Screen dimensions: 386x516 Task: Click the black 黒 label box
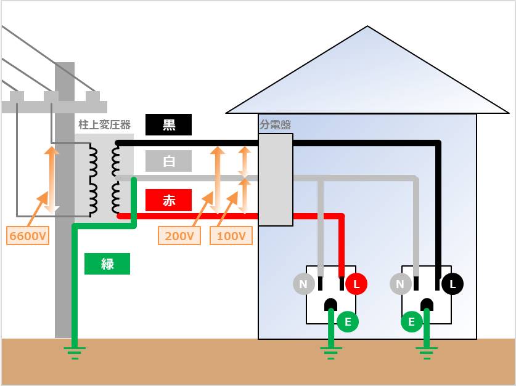168,125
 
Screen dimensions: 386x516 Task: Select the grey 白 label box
168,161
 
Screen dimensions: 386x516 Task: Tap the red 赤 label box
168,200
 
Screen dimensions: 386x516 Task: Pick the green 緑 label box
107,264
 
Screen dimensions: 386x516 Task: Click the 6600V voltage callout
28,236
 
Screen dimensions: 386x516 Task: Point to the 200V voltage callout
179,236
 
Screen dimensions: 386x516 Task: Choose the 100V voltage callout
231,236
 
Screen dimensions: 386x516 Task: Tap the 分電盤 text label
275,124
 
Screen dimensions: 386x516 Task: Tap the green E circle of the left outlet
348,321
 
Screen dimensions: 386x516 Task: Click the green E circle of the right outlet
411,321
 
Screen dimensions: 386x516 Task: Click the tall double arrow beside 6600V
51,179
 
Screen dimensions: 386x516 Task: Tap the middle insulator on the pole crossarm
51,96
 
